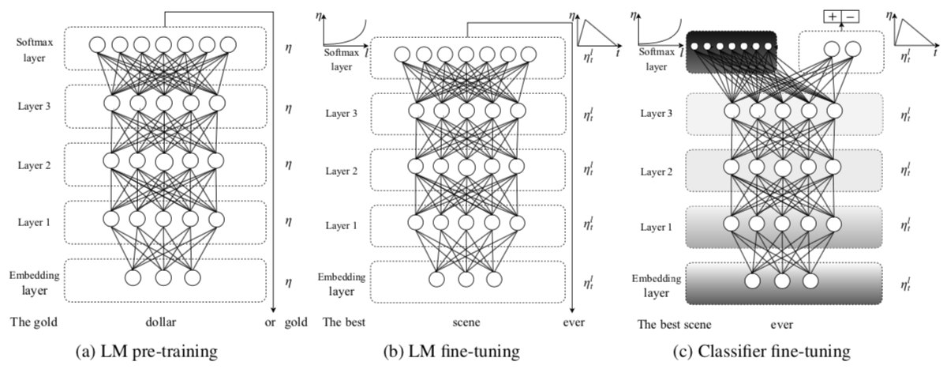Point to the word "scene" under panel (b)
464,322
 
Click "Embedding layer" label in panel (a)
36,281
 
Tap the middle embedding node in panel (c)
781,280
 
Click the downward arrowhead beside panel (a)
272,308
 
